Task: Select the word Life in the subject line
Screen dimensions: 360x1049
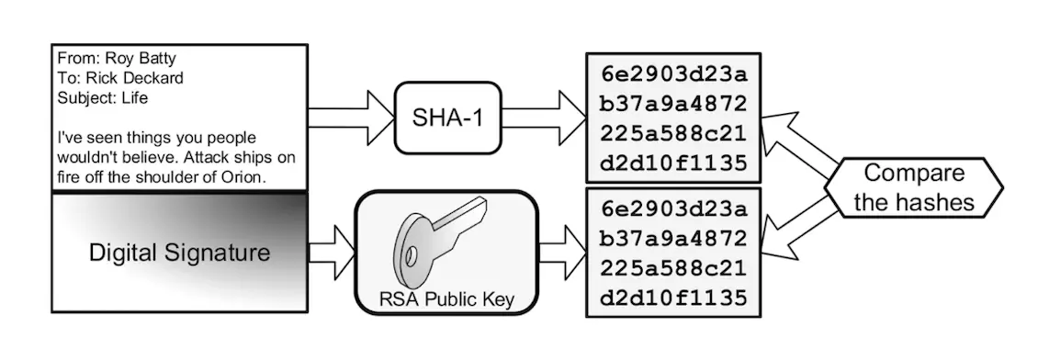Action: click(x=132, y=96)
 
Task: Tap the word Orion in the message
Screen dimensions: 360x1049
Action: click(x=243, y=177)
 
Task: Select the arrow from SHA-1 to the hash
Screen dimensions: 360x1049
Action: click(x=543, y=117)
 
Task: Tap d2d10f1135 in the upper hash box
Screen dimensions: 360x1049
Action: click(x=672, y=163)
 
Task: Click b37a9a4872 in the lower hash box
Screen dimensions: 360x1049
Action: click(x=672, y=240)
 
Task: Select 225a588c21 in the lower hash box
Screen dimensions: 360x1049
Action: click(x=672, y=269)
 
